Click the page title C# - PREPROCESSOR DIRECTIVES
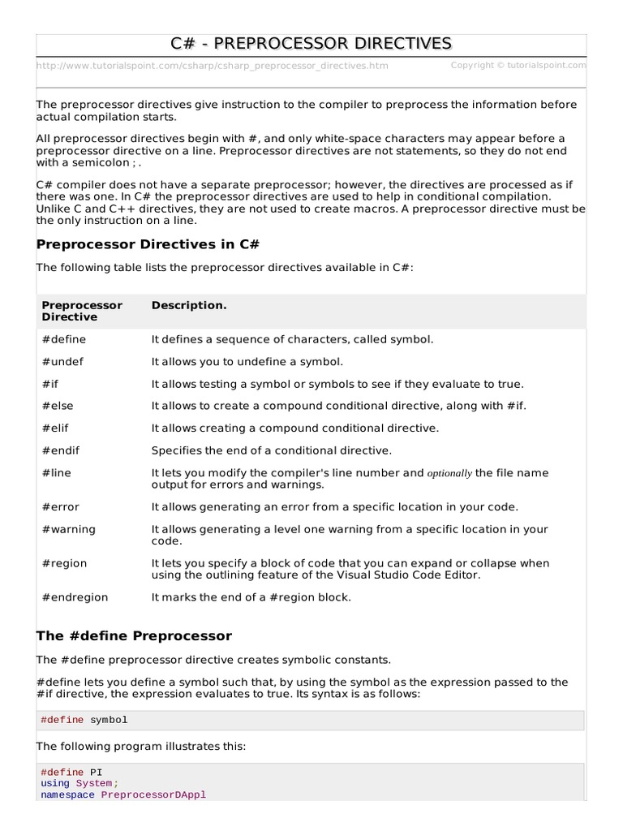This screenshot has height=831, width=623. [x=311, y=43]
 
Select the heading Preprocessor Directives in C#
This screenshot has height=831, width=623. [x=148, y=244]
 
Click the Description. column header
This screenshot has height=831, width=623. [x=189, y=305]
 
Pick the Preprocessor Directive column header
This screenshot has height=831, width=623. [x=82, y=311]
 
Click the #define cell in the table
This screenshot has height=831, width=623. [x=64, y=338]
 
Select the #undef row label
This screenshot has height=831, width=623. [x=62, y=361]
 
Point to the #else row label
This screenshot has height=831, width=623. [x=58, y=405]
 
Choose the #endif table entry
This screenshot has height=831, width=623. [x=61, y=450]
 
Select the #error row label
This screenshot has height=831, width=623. [x=61, y=506]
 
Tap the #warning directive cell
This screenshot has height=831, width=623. [x=69, y=529]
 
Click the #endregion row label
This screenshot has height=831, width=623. [x=75, y=597]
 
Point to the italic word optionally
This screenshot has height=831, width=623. [x=449, y=473]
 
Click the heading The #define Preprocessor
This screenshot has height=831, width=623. [x=135, y=635]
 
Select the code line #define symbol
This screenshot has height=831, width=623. [x=84, y=720]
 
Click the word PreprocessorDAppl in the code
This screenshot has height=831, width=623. [x=153, y=794]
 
